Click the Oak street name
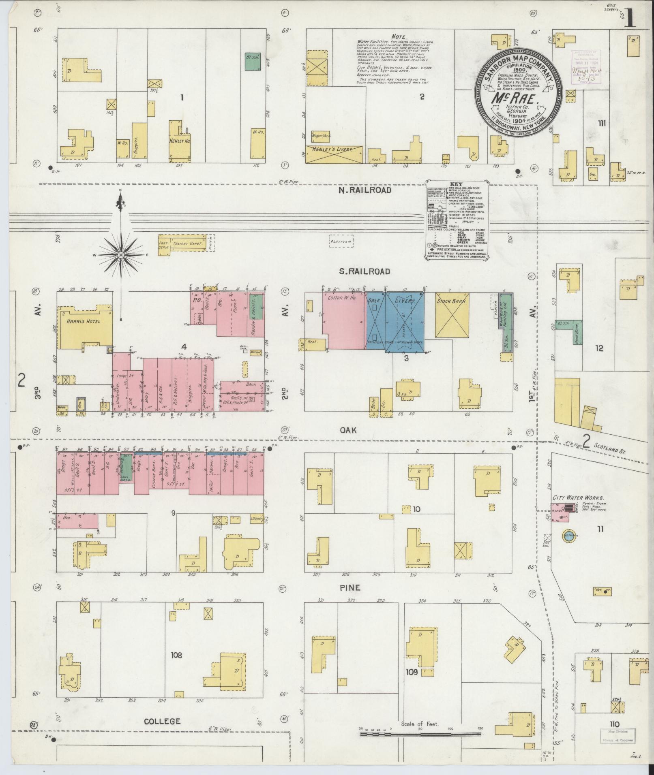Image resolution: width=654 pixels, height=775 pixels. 348,430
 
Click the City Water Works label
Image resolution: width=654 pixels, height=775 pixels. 579,497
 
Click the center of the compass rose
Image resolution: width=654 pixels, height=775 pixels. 121,255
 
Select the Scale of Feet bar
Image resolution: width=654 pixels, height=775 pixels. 420,734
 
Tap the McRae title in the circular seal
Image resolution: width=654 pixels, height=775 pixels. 515,98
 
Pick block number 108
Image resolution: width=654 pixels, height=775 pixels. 176,655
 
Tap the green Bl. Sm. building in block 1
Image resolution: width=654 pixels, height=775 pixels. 253,62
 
